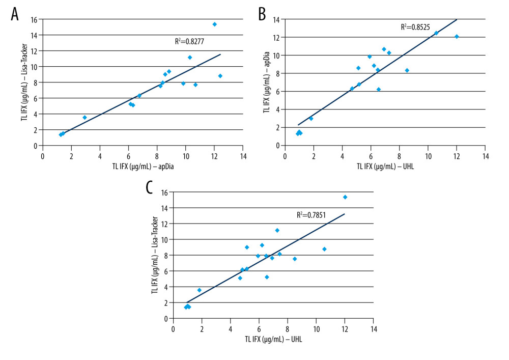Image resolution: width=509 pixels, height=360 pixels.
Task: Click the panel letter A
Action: tap(15, 14)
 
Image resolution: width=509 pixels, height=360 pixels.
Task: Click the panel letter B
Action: tap(262, 14)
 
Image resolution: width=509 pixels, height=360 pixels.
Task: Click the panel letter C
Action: tap(150, 187)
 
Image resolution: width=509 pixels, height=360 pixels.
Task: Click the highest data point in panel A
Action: tap(214, 24)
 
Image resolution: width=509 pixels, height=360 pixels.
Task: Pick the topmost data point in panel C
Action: tap(345, 197)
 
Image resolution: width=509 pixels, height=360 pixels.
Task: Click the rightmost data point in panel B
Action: tap(457, 37)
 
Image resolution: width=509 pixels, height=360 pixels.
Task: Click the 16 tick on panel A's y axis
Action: tap(35, 20)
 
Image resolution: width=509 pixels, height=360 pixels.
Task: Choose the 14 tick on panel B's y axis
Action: tap(276, 19)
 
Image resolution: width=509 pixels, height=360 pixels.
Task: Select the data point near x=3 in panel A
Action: tap(85, 118)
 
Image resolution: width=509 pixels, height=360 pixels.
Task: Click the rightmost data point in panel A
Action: tap(220, 76)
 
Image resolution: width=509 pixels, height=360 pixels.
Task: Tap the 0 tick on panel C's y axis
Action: tap(166, 318)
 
